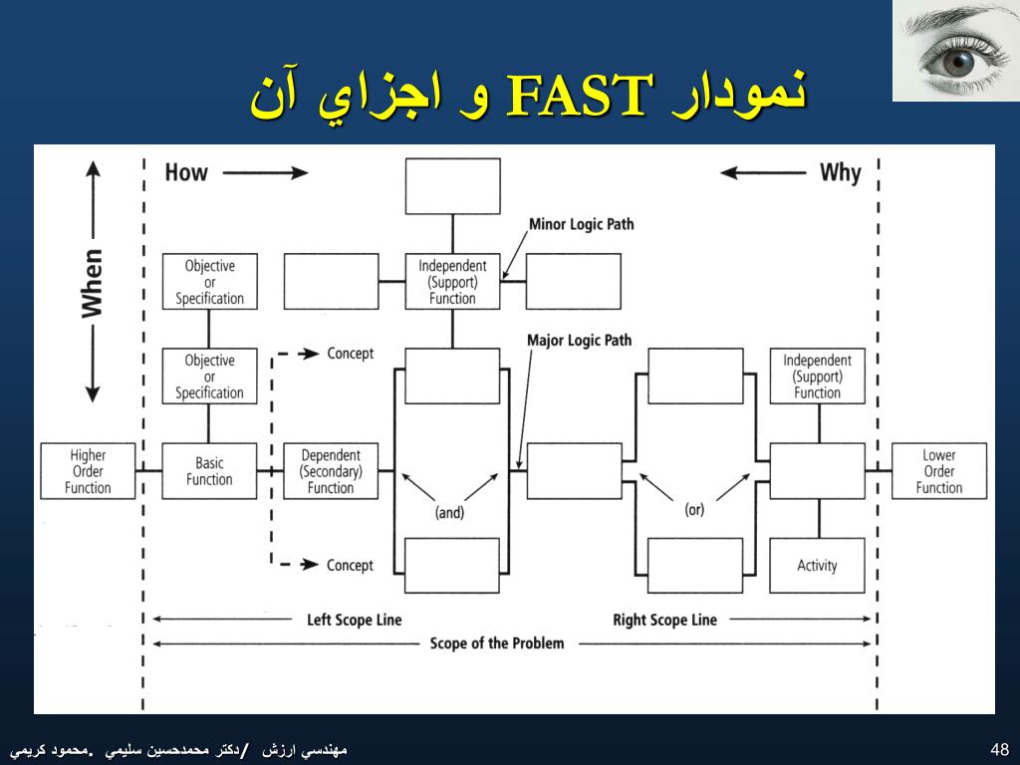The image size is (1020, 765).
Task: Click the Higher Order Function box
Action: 88,471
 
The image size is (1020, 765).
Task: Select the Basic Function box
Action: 209,471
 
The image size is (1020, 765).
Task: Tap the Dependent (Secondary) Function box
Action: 331,471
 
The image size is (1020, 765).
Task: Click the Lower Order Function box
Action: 938,471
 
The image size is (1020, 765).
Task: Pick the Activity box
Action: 817,565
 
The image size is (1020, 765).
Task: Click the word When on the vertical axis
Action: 92,283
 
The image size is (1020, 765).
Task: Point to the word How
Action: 186,172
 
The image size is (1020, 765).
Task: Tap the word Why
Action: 840,172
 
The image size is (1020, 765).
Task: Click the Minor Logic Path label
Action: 581,224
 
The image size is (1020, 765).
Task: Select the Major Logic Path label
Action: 579,341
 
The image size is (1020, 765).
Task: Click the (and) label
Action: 450,514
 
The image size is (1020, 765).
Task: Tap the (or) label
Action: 694,509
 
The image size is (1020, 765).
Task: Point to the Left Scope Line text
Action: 355,620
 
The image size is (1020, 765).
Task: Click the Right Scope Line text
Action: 664,620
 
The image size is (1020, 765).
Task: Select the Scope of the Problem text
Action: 497,643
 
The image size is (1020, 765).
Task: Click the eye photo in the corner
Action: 955,50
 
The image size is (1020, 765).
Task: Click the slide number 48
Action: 1000,749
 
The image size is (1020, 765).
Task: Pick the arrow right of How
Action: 266,172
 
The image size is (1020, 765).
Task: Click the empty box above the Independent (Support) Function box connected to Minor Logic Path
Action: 452,185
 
